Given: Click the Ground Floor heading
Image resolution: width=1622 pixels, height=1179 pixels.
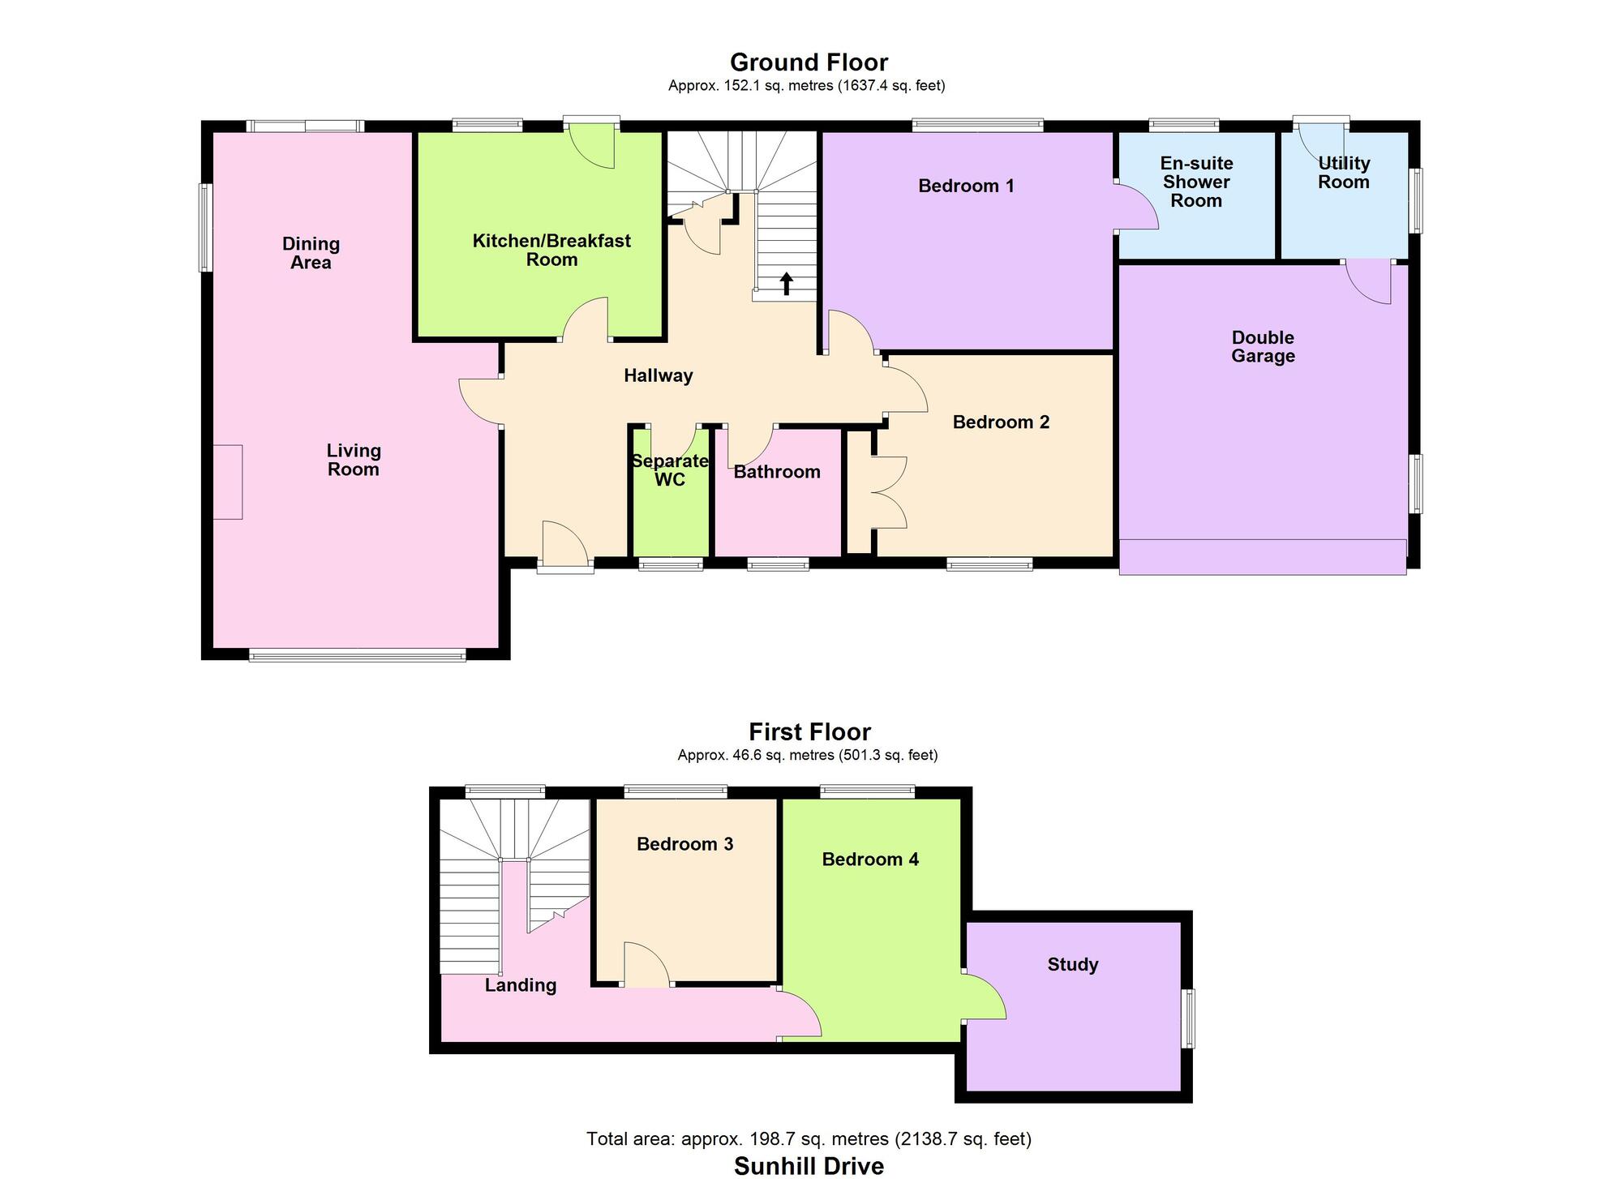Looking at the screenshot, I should coord(809,62).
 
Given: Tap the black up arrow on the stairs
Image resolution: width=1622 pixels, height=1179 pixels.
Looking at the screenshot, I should coord(786,284).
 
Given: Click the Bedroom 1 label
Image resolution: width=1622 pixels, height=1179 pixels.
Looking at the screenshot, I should coord(966,186).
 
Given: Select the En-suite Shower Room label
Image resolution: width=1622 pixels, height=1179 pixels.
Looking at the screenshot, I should coord(1196,182).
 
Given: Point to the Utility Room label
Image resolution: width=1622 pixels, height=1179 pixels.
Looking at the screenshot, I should coord(1343,173).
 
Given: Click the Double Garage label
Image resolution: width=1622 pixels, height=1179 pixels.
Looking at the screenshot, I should coord(1263,346).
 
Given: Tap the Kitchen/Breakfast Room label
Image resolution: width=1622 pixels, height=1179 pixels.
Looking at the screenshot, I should coord(551,250).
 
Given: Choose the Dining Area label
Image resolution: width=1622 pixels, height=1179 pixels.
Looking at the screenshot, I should coord(311,253).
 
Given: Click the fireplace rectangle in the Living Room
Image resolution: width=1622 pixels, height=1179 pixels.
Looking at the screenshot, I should coord(228,482).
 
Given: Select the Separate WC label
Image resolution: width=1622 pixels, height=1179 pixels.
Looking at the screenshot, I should coord(670,470).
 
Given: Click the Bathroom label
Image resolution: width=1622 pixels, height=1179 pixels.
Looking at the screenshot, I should coord(776,472).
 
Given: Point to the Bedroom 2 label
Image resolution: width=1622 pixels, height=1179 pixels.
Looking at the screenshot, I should coord(1001,422).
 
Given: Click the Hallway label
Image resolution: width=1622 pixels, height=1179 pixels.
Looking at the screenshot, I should coord(658,375).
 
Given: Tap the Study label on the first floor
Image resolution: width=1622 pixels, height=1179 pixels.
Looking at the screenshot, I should coord(1072,964).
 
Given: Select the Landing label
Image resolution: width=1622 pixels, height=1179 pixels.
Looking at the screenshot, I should coord(521,985).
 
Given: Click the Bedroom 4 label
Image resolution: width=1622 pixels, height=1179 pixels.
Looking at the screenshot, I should coord(870,860).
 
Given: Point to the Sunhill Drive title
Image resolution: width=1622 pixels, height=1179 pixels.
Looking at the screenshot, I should coord(809,1166).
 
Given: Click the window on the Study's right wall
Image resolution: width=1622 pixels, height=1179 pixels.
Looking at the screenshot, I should coord(1188,1018).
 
